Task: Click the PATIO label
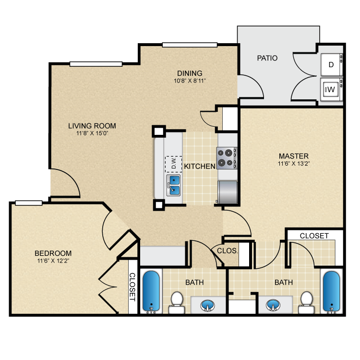pos(267,58)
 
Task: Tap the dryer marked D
pos(331,64)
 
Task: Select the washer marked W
pos(331,89)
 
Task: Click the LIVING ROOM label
pos(92,126)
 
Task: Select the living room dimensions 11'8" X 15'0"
pos(92,134)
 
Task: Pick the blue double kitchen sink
pos(173,185)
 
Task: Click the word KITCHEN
pos(200,167)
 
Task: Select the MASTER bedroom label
pos(293,156)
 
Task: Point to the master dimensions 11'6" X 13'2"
pos(293,164)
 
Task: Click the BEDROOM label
pos(53,253)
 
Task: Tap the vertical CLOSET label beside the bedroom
pos(132,287)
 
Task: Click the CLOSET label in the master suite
pos(314,236)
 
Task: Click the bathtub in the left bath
pos(152,292)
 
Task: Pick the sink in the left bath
pos(207,304)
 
